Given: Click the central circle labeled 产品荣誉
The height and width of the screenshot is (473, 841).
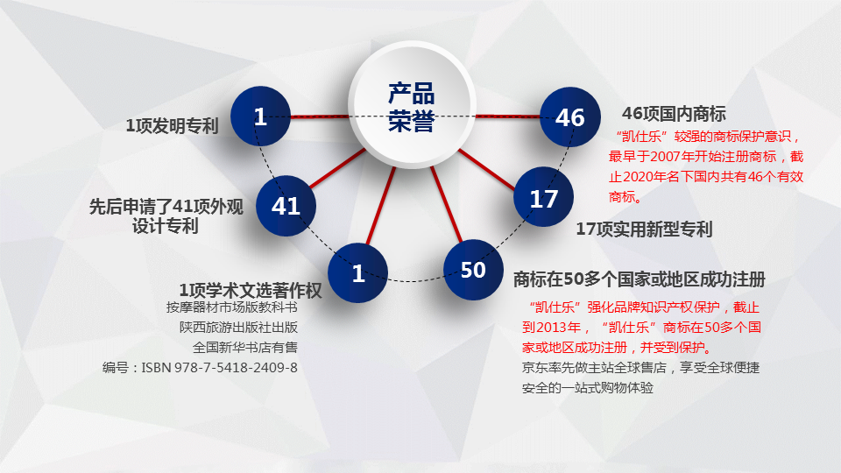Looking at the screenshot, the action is [x=412, y=104].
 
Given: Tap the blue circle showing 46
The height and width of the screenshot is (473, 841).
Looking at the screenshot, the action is [x=569, y=116].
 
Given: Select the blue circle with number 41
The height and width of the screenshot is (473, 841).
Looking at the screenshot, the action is [x=286, y=206].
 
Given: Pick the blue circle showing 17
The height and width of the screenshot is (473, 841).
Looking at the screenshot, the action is [x=543, y=197].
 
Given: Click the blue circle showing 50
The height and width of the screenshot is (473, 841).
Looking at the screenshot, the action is [x=473, y=270].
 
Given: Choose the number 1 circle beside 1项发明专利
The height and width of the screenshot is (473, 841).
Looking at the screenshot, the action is [x=261, y=116].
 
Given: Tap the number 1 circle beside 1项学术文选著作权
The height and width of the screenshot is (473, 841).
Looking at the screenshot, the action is [x=357, y=273].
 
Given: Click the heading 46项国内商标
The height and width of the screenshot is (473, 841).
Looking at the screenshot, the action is [x=674, y=114].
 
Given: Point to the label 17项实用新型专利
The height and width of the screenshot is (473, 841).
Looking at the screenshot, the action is [x=644, y=229].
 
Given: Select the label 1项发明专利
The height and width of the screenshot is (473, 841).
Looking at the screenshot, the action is [x=172, y=126].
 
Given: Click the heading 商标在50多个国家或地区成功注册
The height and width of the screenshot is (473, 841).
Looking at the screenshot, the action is [x=640, y=279].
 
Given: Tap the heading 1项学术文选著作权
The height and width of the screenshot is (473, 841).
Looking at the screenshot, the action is [x=251, y=291].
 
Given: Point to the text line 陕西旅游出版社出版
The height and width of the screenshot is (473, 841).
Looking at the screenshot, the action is [x=238, y=327].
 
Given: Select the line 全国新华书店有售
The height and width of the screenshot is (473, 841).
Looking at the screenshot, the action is [x=245, y=348].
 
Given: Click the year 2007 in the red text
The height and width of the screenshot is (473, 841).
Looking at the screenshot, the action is [x=666, y=157].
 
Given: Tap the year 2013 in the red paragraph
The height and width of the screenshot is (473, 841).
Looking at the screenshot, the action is [x=552, y=328].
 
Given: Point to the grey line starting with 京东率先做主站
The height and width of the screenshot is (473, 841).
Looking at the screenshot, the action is [x=640, y=368].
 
